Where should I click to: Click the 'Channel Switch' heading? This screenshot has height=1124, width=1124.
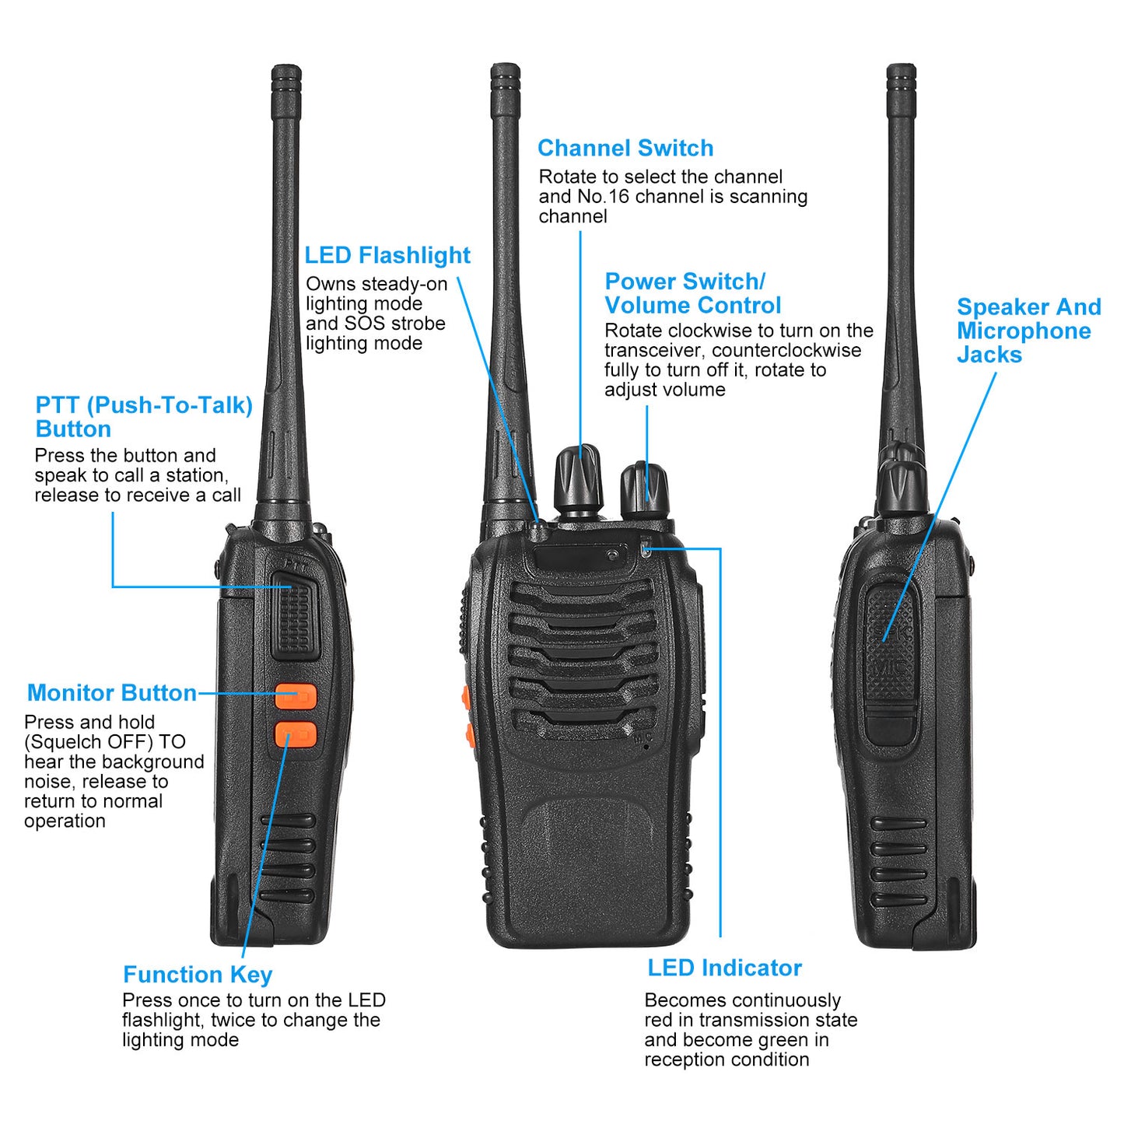pyautogui.click(x=625, y=148)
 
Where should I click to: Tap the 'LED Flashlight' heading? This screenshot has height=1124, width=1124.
pyautogui.click(x=387, y=255)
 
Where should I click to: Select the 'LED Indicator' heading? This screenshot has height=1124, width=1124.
pyautogui.click(x=724, y=968)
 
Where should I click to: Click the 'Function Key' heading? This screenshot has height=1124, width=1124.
pyautogui.click(x=198, y=975)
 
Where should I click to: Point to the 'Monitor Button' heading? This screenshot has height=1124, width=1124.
pyautogui.click(x=111, y=693)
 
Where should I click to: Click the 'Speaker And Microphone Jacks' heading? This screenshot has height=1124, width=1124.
pyautogui.click(x=1028, y=331)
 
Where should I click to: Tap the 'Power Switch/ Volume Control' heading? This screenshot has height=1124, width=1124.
pyautogui.click(x=692, y=293)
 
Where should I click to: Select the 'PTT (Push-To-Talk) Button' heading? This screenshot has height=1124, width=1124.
pyautogui.click(x=144, y=417)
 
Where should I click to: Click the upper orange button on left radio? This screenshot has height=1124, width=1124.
pyautogui.click(x=296, y=696)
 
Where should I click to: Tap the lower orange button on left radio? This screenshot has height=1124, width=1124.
pyautogui.click(x=296, y=734)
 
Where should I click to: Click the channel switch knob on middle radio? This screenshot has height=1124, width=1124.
pyautogui.click(x=577, y=477)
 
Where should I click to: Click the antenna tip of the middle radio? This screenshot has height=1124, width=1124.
pyautogui.click(x=505, y=74)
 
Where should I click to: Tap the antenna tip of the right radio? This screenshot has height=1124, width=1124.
pyautogui.click(x=901, y=74)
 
